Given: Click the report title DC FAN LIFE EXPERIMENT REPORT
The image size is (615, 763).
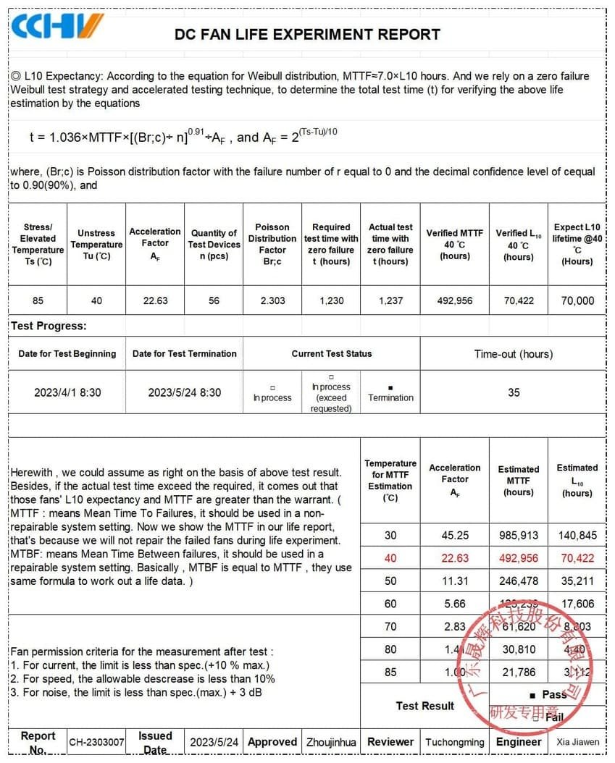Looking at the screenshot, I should pos(307,34).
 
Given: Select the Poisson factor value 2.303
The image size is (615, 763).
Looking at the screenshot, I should pos(272,300).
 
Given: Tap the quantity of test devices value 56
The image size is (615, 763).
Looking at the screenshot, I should pos(214,300).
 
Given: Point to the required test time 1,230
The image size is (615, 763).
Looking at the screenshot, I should pos(332,300).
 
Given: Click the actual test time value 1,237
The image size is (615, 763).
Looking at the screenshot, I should pos(390,300).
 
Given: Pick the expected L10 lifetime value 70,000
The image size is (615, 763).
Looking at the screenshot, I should pos(577,300).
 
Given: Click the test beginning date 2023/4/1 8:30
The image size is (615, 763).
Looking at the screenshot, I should pos(67,392).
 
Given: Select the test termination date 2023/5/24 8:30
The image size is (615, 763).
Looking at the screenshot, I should pos(185,392).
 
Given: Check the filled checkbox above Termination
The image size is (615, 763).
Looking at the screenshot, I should pos(390,388).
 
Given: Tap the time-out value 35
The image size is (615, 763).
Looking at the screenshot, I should pos(514,392).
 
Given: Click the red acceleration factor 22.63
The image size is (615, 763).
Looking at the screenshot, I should pos(455,558).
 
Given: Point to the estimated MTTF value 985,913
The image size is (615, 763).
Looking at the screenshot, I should pos(519,536).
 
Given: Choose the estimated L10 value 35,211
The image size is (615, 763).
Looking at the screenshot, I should pos(577,581).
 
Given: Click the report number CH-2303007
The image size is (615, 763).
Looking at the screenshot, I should pos(96,742).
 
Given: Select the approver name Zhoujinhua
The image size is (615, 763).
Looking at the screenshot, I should pos(331,742).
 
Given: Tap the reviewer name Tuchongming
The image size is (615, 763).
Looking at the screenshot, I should pos(454,742).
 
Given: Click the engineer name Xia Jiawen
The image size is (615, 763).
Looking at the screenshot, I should pos(577,742).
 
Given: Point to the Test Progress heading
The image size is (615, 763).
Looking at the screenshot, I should pos(49,326).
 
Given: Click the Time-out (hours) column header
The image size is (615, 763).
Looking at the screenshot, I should pos(514,354).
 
